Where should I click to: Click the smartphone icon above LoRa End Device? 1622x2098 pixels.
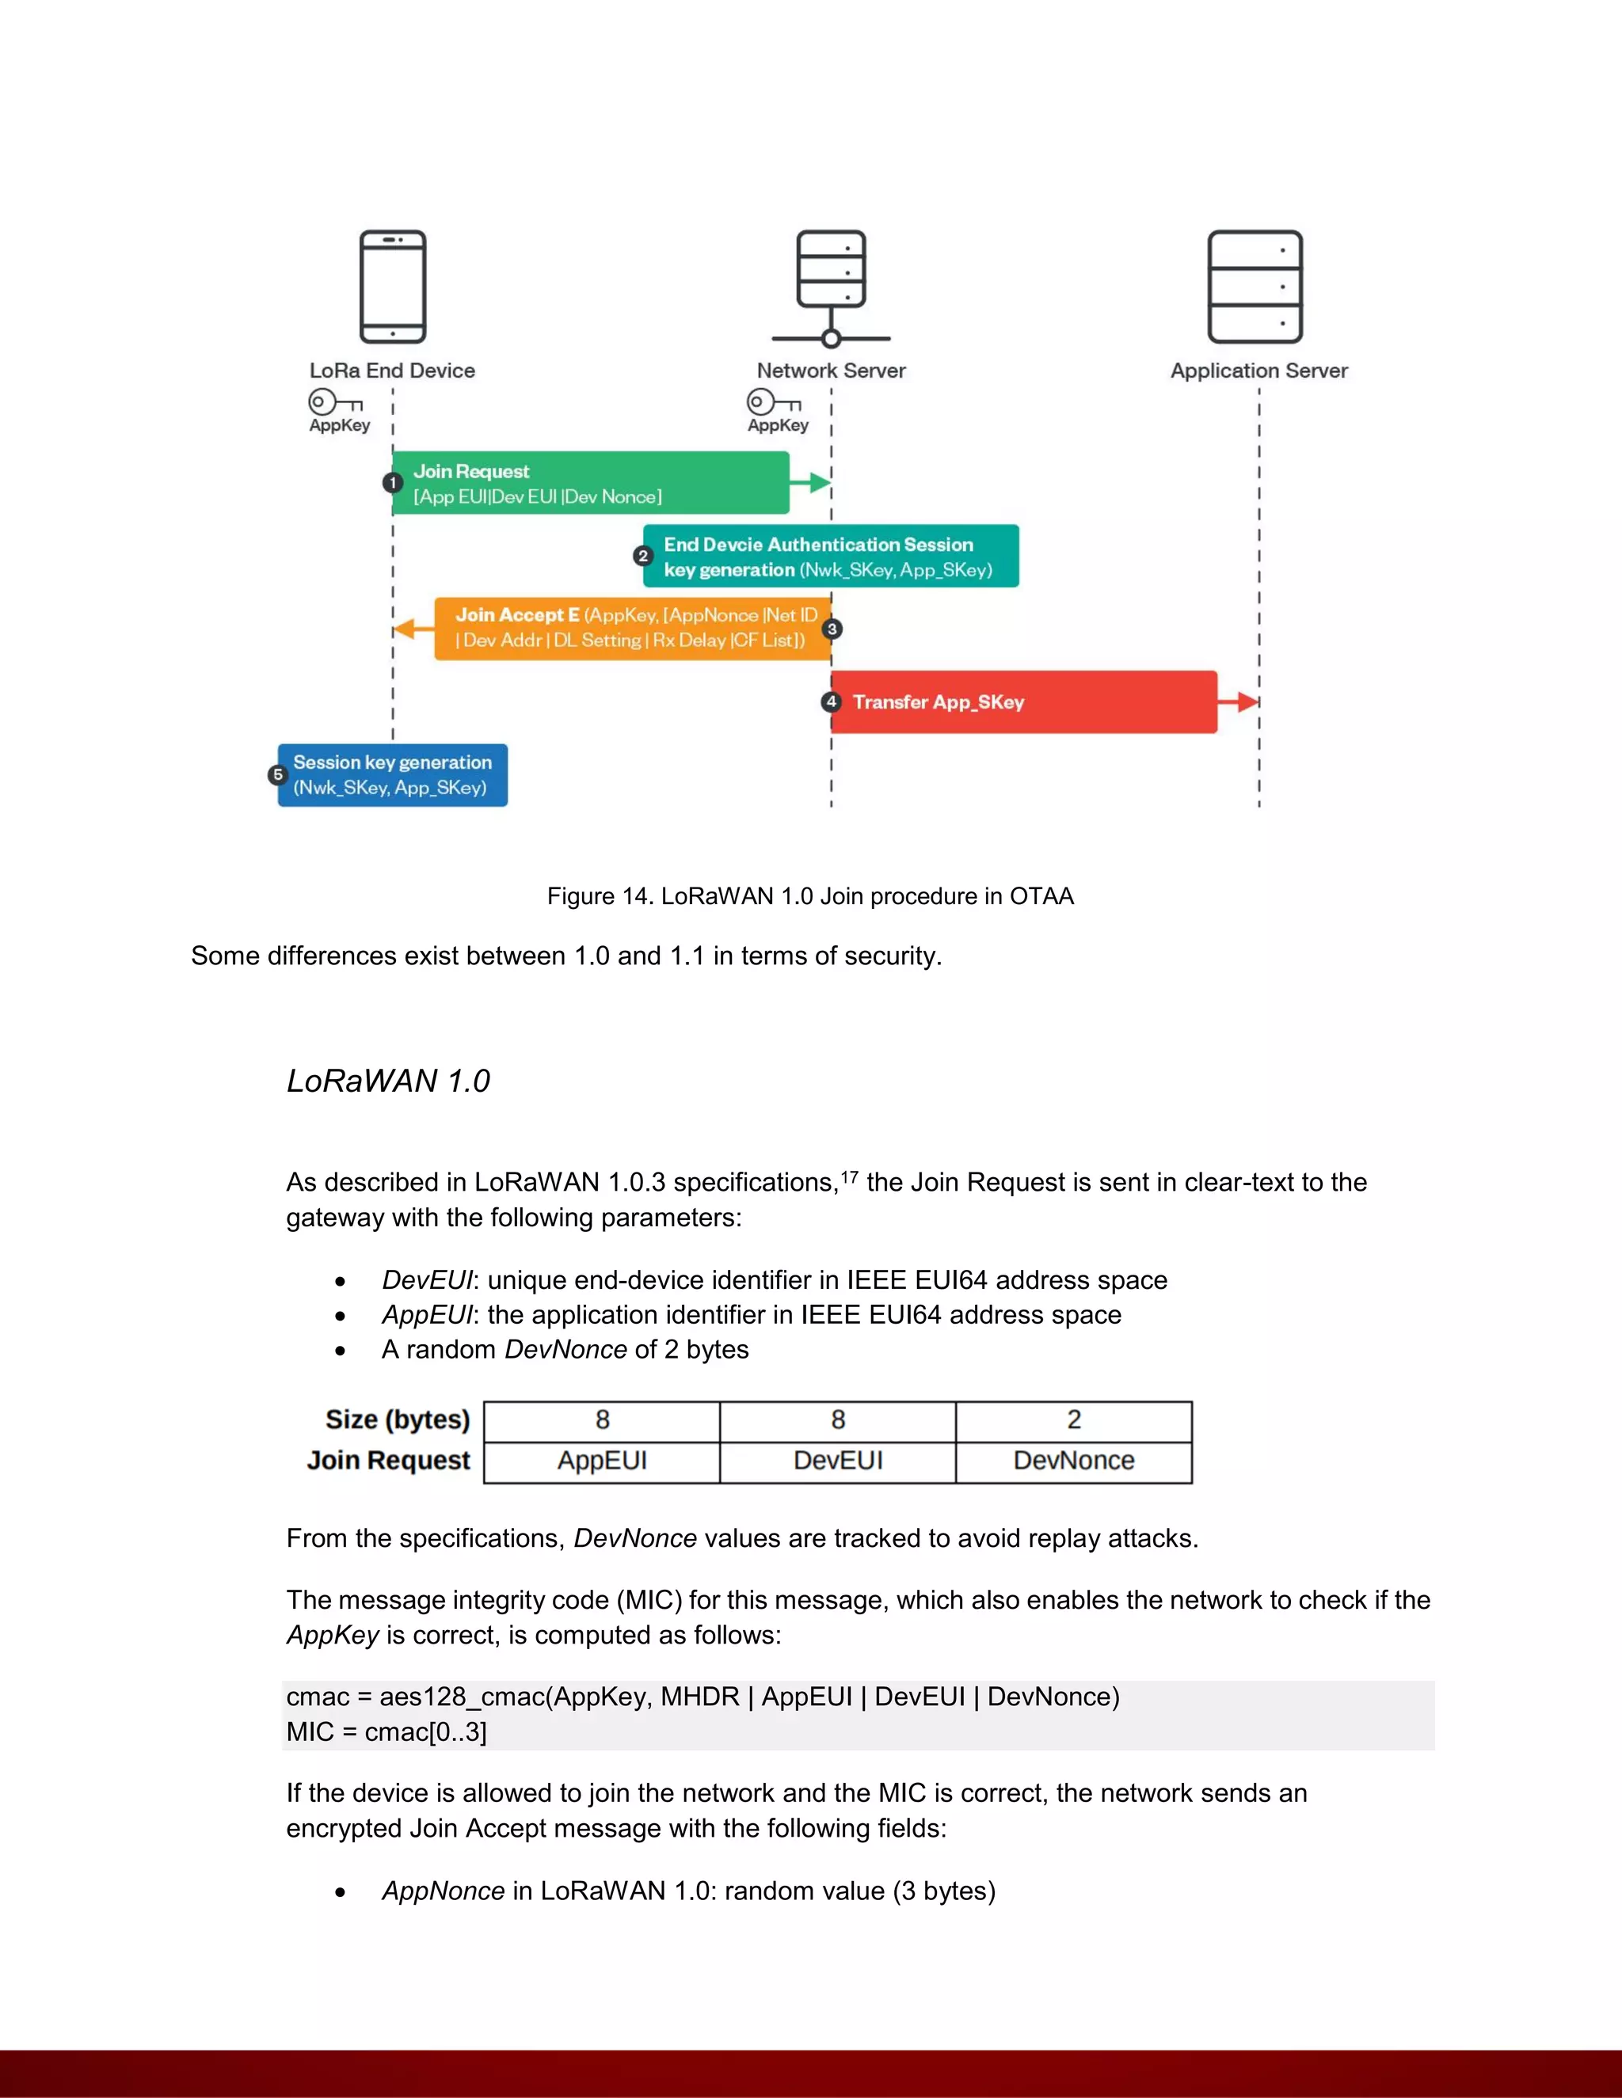click(392, 287)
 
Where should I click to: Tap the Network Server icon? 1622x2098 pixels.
click(831, 287)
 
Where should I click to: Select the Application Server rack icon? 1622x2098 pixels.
click(1255, 287)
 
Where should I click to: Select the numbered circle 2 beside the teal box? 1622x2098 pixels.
click(643, 557)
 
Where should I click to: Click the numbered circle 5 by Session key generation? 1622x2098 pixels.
click(278, 774)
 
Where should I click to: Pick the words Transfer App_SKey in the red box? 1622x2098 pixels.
click(938, 702)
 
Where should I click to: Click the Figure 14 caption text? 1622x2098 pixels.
click(810, 896)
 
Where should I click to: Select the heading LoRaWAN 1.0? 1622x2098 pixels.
click(388, 1081)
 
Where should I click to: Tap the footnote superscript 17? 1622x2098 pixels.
click(850, 1176)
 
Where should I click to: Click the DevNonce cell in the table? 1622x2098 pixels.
click(1073, 1461)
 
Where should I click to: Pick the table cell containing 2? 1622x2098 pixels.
click(1073, 1420)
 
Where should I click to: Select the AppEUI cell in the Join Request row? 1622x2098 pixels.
click(602, 1461)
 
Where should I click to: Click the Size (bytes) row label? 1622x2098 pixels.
click(397, 1420)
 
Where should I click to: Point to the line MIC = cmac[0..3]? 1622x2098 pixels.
click(386, 1732)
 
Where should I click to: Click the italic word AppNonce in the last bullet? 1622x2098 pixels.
click(443, 1891)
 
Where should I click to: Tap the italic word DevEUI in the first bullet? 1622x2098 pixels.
click(427, 1279)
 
